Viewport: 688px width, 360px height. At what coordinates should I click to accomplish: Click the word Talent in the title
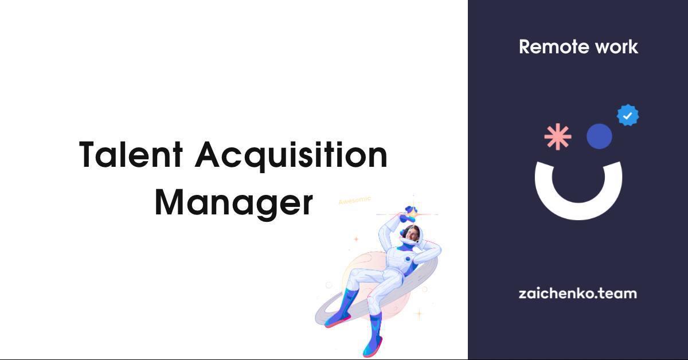click(x=131, y=154)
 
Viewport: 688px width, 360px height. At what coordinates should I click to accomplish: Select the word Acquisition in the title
click(x=291, y=156)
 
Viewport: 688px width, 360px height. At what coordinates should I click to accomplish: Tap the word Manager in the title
click(x=234, y=204)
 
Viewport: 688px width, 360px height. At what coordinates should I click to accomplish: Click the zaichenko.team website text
click(x=578, y=294)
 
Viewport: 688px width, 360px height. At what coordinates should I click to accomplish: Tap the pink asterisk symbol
click(x=558, y=136)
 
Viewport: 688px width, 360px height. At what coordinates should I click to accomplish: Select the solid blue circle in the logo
click(x=599, y=136)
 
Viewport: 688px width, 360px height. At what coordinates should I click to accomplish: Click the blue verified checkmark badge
click(x=628, y=115)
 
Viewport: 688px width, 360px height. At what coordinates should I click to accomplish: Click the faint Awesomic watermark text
click(x=354, y=200)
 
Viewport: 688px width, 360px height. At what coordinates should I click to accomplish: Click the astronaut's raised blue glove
click(x=408, y=214)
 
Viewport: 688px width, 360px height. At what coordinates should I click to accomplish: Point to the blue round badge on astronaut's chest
click(x=408, y=259)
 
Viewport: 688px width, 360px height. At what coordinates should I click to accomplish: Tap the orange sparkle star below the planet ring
click(x=419, y=314)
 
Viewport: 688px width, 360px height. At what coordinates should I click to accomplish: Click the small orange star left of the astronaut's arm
click(x=356, y=238)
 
